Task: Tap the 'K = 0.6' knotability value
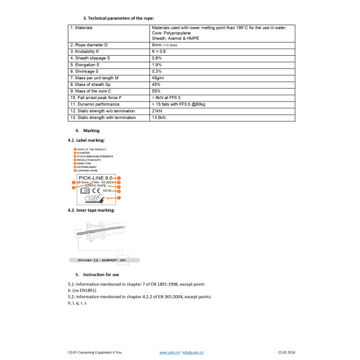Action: tap(160, 52)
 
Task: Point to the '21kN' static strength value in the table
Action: tap(157, 110)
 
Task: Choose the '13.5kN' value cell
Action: tap(160, 117)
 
